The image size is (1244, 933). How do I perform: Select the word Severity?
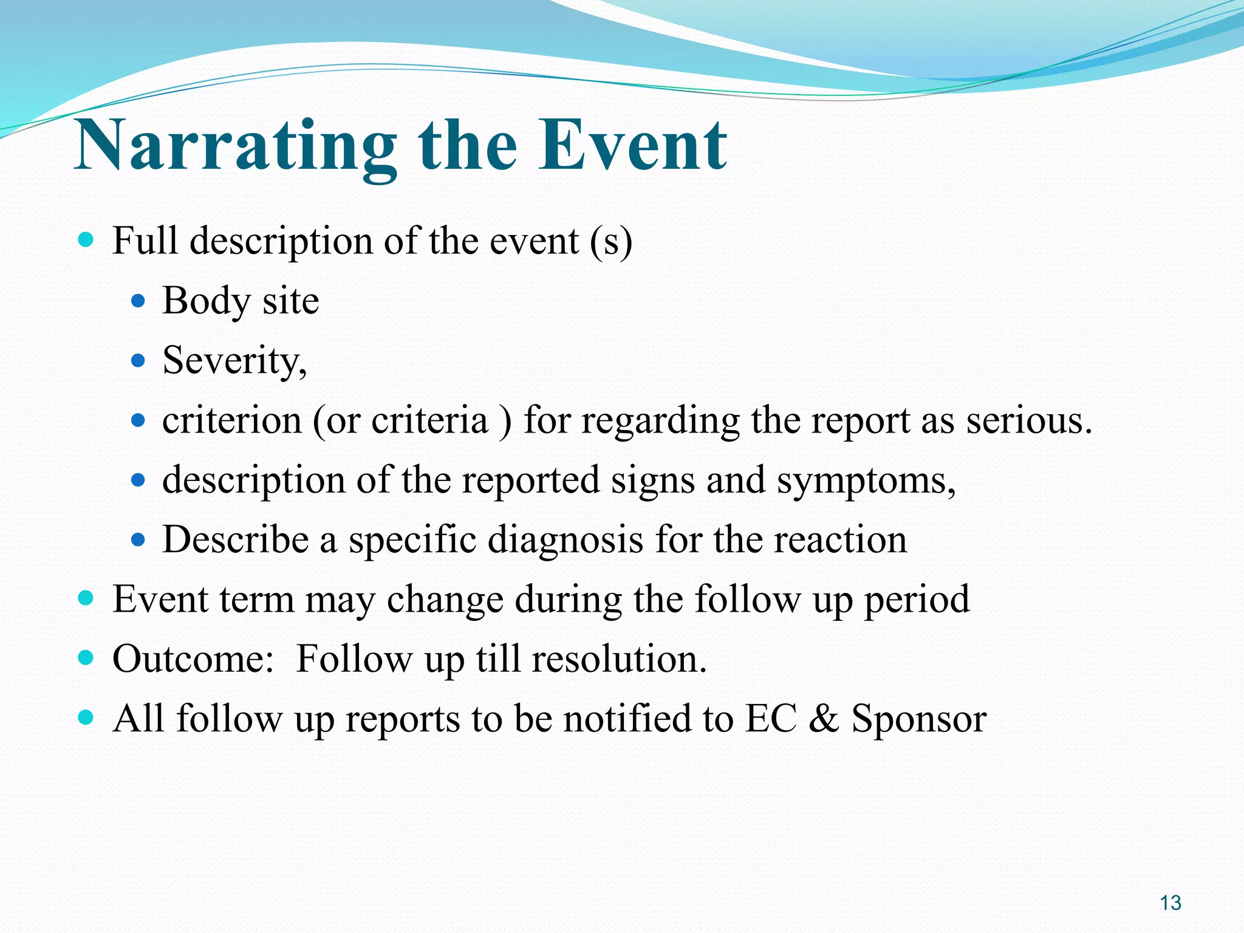[234, 361]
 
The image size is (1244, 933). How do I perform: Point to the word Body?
[206, 301]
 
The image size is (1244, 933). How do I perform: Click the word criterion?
[231, 420]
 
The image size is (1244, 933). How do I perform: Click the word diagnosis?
[565, 539]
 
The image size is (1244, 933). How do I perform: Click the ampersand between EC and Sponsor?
[823, 719]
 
